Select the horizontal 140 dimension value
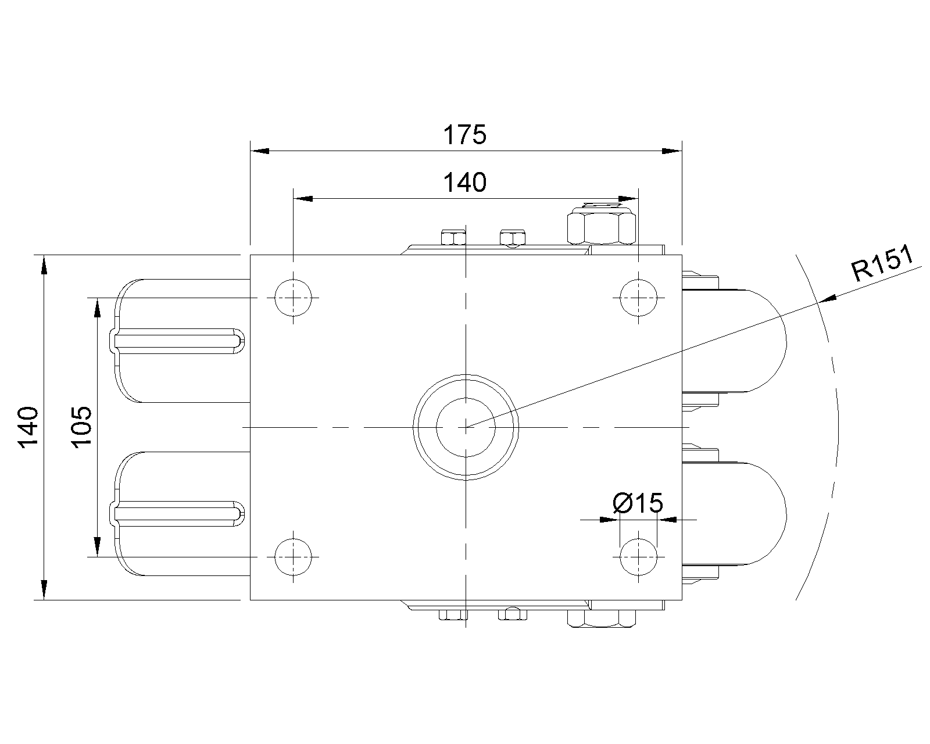pos(464,183)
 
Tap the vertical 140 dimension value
pos(28,427)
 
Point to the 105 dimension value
pos(81,427)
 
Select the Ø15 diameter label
pos(638,503)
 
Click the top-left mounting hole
pos(293,298)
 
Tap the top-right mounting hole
pos(638,298)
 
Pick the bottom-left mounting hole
pos(293,557)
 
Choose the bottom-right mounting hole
pos(638,557)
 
